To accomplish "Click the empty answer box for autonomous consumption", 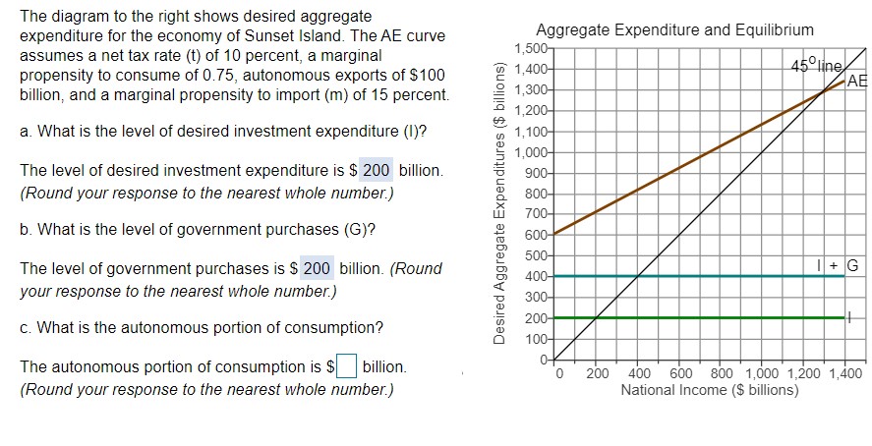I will pyautogui.click(x=346, y=367).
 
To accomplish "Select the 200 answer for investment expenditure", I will pyautogui.click(x=377, y=171).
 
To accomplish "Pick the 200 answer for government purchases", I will pyautogui.click(x=317, y=268).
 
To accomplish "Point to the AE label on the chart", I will pyautogui.click(x=857, y=82).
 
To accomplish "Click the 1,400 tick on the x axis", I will pyautogui.click(x=845, y=373).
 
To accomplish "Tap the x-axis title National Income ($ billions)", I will pyautogui.click(x=710, y=390).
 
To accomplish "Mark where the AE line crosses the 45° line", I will pyautogui.click(x=823, y=92).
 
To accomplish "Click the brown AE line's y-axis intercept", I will pyautogui.click(x=555, y=234).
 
